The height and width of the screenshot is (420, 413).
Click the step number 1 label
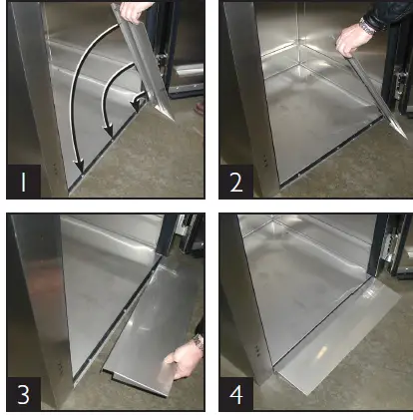point(23,183)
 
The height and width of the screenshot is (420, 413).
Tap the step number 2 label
point(236,183)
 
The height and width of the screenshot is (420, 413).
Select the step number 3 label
point(23,395)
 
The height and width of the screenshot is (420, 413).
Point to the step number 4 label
point(236,395)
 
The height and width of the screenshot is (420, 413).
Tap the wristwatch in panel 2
point(367,26)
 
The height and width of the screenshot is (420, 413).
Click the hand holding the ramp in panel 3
point(184,362)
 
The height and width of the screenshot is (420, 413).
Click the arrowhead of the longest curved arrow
point(79,167)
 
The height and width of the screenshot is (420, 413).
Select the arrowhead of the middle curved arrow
point(108,132)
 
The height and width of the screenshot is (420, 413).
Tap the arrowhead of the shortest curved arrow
point(136,107)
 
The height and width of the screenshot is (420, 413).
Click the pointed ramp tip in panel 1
point(173,120)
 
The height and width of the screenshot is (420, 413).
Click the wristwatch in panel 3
point(199,342)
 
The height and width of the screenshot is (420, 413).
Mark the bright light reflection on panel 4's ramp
point(322,352)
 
